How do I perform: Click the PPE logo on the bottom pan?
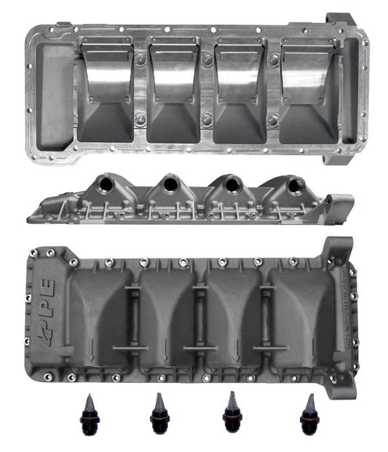(45, 311)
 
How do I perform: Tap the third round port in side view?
(232, 184)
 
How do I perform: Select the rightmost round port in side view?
(294, 186)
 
